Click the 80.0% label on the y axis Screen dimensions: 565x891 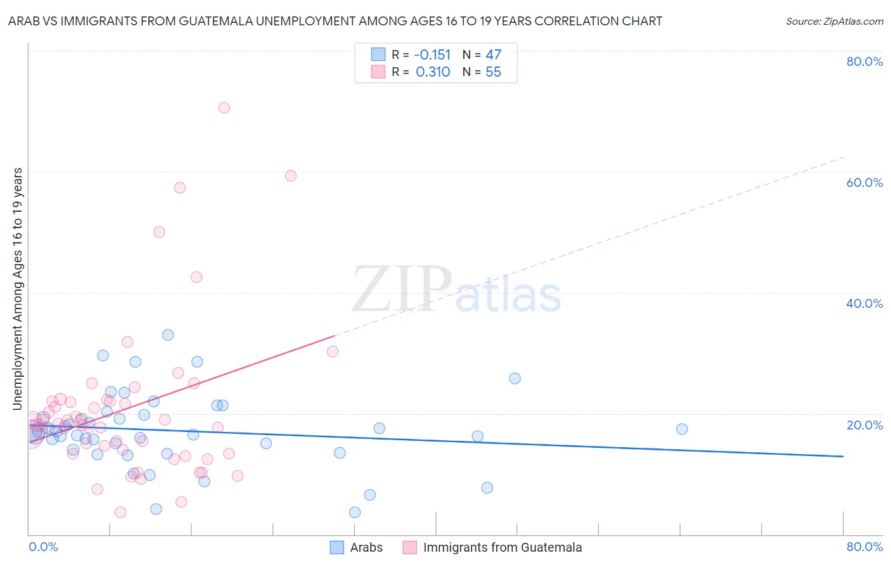[864, 61]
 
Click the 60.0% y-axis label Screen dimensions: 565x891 [864, 182]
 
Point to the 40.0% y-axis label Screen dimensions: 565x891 [864, 303]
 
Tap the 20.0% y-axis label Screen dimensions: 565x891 [864, 425]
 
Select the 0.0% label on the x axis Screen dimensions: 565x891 [43, 547]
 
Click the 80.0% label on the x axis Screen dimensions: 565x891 [864, 547]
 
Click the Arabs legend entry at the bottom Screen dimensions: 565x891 [366, 547]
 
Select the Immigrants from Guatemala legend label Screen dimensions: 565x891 [502, 547]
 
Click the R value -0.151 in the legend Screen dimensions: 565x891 [432, 54]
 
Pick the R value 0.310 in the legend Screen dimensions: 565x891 [433, 72]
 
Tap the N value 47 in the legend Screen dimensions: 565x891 [493, 54]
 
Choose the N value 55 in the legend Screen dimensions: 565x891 [493, 72]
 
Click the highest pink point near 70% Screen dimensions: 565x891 [224, 108]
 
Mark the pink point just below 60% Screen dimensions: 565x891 [291, 175]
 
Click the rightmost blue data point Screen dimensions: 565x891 [682, 429]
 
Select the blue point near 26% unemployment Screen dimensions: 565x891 [515, 378]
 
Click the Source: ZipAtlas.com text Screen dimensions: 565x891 [834, 22]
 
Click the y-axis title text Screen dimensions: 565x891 [17, 289]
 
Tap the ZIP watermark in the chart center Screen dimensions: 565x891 [401, 289]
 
